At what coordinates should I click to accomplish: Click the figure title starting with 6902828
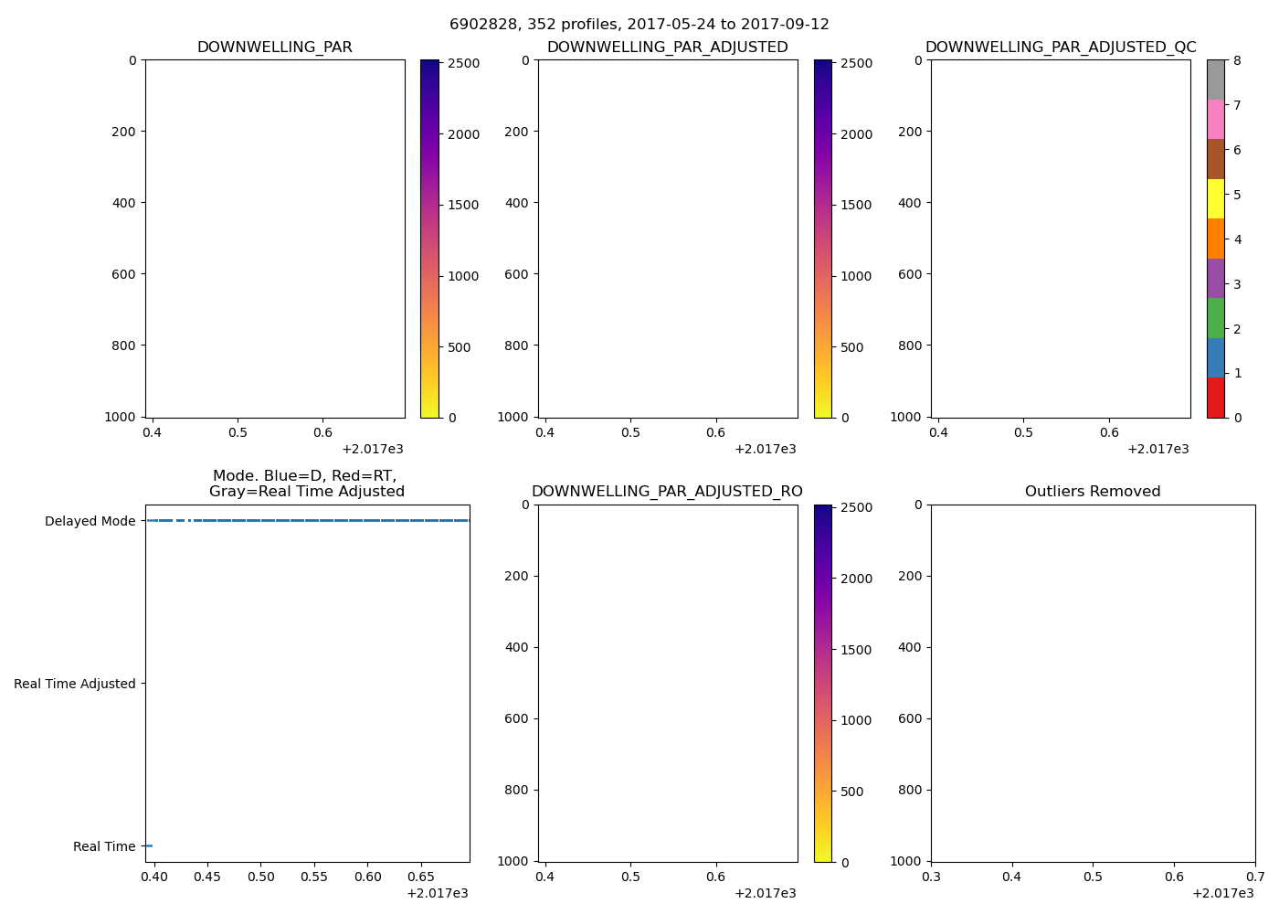click(x=639, y=25)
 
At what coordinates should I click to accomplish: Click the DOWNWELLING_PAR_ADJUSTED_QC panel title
click(x=1061, y=48)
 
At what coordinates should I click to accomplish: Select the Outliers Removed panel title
click(x=1093, y=492)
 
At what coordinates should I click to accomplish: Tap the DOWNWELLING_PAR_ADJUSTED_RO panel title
click(x=667, y=492)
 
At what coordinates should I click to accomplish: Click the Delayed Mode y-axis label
click(x=90, y=521)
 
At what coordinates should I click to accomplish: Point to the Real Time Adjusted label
click(x=75, y=684)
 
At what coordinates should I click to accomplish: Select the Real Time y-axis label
click(x=104, y=846)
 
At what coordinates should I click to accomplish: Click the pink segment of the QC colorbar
click(x=1215, y=120)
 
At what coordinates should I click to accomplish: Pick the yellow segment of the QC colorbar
click(x=1215, y=199)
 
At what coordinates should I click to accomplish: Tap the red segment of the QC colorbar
click(x=1215, y=398)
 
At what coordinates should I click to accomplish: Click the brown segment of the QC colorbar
click(x=1215, y=159)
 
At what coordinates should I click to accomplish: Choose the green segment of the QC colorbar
click(x=1215, y=318)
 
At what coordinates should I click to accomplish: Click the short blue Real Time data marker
click(x=148, y=846)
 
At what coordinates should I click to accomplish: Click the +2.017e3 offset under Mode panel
click(x=437, y=893)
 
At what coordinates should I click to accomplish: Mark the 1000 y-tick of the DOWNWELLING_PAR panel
click(x=121, y=417)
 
